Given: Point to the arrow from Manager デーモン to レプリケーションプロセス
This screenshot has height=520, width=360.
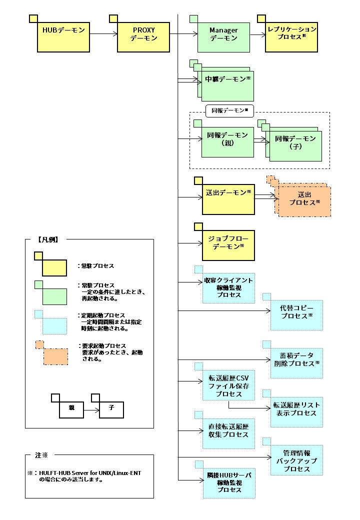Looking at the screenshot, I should tap(257, 34).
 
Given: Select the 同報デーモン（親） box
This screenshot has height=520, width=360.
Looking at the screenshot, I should tap(227, 139).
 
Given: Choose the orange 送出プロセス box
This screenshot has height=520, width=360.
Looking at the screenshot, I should tap(304, 200).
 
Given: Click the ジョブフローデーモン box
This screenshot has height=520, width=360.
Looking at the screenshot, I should tap(228, 243).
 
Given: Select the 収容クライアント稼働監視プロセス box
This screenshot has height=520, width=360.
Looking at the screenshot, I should tap(228, 288).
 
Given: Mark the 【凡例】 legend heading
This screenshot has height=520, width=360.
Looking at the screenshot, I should tap(48, 239).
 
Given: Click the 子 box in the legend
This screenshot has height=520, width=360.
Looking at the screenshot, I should tap(110, 407).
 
